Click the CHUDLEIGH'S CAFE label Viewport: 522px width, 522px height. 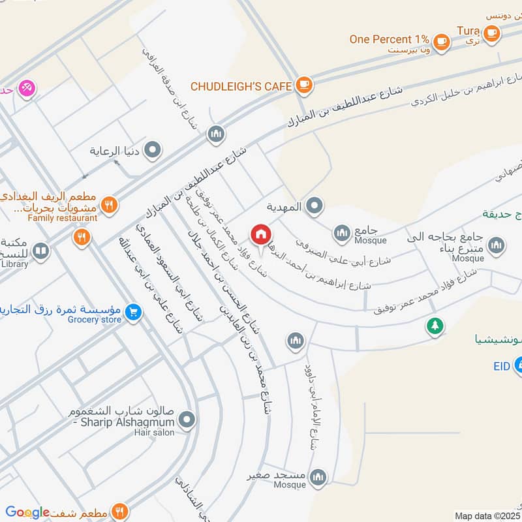pos(241,86)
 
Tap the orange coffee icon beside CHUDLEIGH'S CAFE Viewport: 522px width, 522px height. pos(303,84)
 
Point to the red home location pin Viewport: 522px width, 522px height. pos(261,234)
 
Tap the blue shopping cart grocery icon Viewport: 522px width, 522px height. pos(133,313)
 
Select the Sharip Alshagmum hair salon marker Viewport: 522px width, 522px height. pos(188,420)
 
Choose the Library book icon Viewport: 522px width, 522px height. pos(40,251)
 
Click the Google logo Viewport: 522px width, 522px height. pos(27,512)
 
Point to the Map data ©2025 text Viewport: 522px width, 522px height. pos(487,515)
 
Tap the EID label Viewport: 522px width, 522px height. pos(501,367)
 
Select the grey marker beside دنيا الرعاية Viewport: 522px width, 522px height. pos(153,151)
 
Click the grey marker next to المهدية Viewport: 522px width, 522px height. pos(315,207)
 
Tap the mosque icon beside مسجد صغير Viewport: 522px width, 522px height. pos(318,478)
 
